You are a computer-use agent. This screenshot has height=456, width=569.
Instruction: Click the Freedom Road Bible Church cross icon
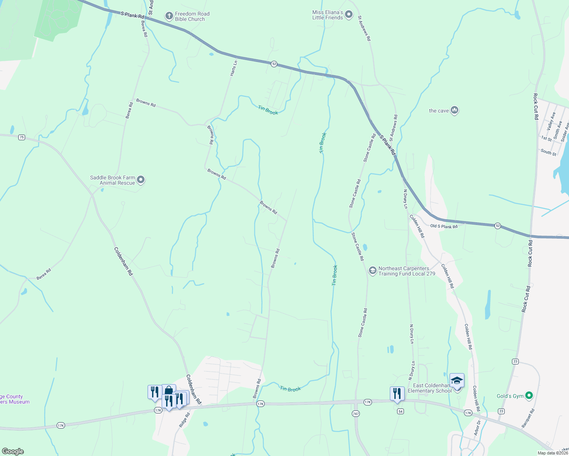(169, 16)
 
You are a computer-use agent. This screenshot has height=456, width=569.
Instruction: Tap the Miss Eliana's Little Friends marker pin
(348, 16)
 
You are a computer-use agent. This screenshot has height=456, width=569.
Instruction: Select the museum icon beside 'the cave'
(454, 111)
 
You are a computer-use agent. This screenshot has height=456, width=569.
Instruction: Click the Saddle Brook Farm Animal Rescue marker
(141, 180)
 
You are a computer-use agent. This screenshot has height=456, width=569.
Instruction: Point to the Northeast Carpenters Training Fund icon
(372, 271)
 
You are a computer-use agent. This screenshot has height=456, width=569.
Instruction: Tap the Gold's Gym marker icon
(529, 396)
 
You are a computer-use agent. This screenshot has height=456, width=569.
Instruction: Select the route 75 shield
(22, 137)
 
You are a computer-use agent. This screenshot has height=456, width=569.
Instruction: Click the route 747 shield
(356, 413)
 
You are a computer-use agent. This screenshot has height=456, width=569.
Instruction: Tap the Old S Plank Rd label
(444, 226)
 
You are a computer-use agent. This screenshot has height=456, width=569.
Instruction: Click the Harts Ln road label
(234, 68)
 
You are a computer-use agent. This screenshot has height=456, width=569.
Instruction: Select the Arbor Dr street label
(477, 428)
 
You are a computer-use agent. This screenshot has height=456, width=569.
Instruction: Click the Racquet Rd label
(528, 418)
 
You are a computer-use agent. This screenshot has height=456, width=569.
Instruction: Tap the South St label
(548, 152)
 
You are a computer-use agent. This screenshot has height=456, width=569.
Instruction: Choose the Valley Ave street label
(551, 121)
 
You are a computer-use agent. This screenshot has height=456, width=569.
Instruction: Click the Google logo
(13, 451)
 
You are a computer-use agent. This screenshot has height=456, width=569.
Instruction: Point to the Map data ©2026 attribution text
(552, 453)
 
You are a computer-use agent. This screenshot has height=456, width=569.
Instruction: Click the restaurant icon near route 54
(397, 393)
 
